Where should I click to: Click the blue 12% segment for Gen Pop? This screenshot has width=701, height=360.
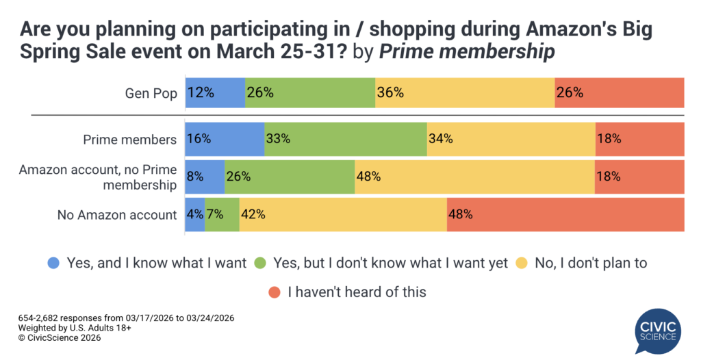point(215,93)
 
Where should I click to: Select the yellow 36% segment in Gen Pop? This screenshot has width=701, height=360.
point(465,93)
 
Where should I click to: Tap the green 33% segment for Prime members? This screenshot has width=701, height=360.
point(346,139)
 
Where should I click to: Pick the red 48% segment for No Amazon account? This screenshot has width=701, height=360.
point(565,215)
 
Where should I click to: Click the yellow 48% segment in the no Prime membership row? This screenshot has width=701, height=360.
point(474,177)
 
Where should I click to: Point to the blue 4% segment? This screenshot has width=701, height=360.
point(194,215)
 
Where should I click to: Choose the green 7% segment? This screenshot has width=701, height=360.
point(222,215)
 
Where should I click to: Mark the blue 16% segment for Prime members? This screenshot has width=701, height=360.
point(225,139)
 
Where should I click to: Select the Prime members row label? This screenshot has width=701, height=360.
point(129,140)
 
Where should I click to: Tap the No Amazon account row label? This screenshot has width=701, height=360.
point(117,215)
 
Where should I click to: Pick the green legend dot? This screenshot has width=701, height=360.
point(260,263)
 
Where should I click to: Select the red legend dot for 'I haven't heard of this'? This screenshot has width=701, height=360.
point(274,292)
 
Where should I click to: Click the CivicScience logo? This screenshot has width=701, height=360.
point(656,330)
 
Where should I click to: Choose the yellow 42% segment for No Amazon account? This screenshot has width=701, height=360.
point(343,215)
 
